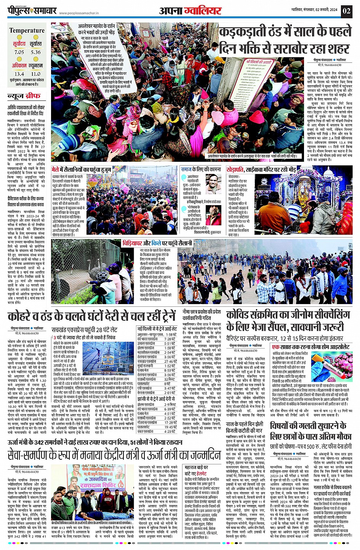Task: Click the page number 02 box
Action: tap(346, 10)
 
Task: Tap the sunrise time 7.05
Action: tap(19, 52)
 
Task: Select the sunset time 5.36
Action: tap(36, 52)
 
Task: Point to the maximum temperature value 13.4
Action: tap(19, 74)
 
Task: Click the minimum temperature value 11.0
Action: tap(36, 74)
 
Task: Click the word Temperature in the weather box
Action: tap(27, 30)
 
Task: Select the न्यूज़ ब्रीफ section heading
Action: tap(24, 97)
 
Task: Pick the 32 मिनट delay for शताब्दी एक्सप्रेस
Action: tap(170, 379)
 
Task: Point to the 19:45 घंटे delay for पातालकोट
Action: tap(170, 427)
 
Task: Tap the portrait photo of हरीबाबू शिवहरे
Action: tap(214, 184)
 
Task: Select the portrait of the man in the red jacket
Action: tap(214, 215)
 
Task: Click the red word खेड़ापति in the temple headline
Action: tap(235, 169)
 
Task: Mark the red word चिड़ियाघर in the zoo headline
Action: tap(132, 243)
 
